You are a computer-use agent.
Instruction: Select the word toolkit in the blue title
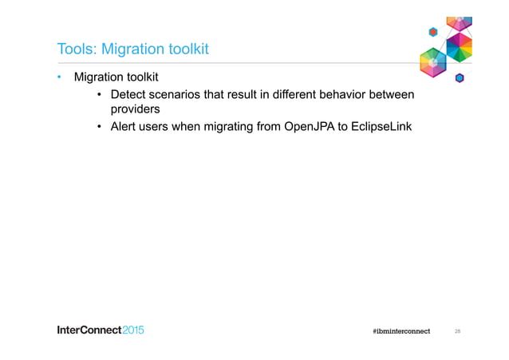coord(184,49)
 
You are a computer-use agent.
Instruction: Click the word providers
coord(135,109)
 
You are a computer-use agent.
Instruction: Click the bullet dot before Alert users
coord(99,126)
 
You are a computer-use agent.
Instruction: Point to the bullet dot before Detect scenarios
coord(99,95)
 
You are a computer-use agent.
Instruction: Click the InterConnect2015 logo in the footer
coord(100,330)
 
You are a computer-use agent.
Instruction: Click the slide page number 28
coord(458,330)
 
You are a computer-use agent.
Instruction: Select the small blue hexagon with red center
coord(433,32)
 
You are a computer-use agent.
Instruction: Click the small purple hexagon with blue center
coord(460,77)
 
